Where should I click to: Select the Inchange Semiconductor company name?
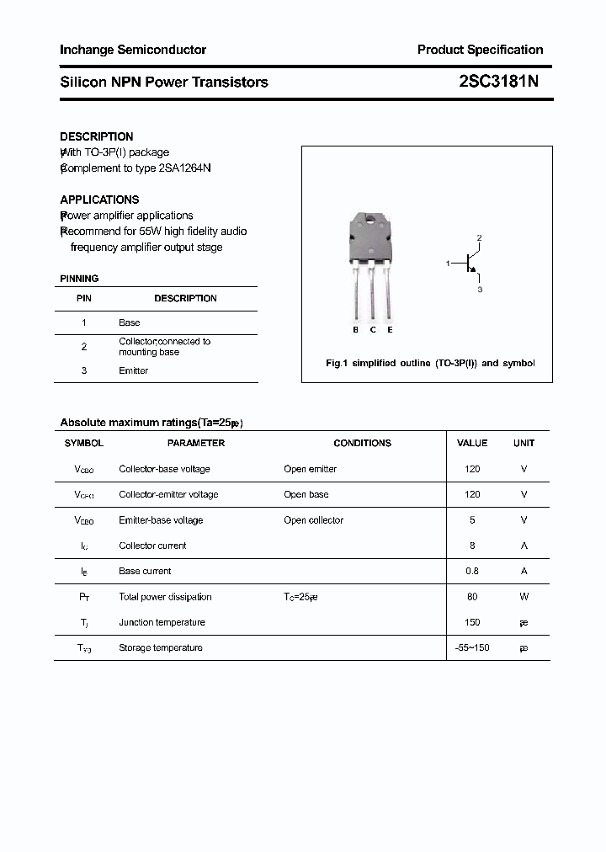[133, 50]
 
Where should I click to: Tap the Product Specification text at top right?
[480, 50]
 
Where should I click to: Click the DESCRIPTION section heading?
[97, 136]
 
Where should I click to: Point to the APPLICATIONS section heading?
[99, 200]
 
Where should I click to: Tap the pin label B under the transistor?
[355, 330]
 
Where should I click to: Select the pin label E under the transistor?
[390, 330]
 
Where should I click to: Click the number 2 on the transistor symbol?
[479, 238]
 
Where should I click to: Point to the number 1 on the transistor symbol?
[448, 264]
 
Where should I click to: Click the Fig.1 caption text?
[430, 363]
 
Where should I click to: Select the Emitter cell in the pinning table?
[133, 370]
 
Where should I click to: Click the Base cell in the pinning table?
[129, 322]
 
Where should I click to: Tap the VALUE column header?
[472, 443]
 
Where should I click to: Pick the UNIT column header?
[524, 443]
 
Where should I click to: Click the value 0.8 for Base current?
[472, 571]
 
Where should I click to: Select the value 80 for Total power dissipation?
[472, 597]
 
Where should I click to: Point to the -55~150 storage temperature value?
[472, 647]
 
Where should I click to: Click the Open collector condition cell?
[313, 520]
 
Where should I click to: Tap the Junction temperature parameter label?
[162, 622]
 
